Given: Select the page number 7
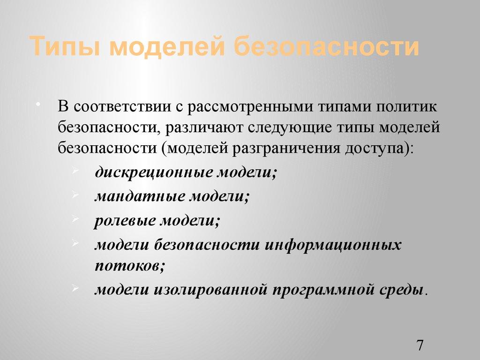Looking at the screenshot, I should pos(420,345).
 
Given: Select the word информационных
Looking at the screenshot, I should pos(334,244).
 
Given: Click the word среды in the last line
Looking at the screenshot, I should pos(400,289).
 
